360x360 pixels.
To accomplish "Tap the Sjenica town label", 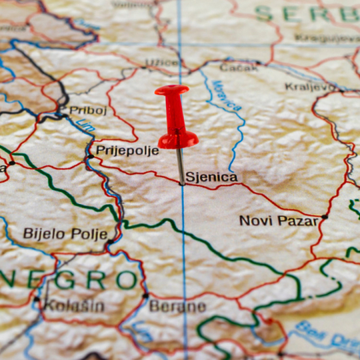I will pyautogui.click(x=212, y=177).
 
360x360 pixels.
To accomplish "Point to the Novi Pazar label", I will pyautogui.click(x=278, y=220).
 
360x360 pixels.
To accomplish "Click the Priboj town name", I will pyautogui.click(x=88, y=111).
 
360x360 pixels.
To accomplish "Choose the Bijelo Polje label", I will pyautogui.click(x=65, y=234).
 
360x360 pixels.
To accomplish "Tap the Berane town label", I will pyautogui.click(x=177, y=307).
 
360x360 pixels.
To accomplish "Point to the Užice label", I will pyautogui.click(x=161, y=63).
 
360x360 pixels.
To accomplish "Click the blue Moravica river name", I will pyautogui.click(x=226, y=95).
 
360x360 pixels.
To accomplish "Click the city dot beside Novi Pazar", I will pyautogui.click(x=325, y=217).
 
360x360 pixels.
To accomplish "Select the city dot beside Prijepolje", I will pyautogui.click(x=90, y=155).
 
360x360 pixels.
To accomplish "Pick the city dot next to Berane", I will pyautogui.click(x=146, y=295).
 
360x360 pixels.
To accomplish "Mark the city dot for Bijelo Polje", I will pyautogui.click(x=111, y=241).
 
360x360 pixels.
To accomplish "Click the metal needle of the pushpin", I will pyautogui.click(x=180, y=165).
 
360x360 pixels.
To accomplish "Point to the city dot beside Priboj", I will pyautogui.click(x=63, y=115).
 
